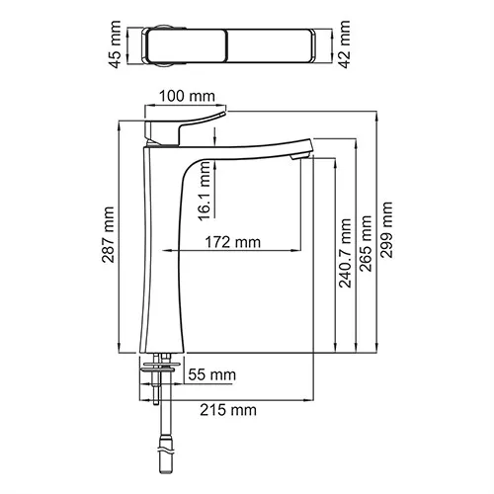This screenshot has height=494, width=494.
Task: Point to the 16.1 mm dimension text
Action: point(203,193)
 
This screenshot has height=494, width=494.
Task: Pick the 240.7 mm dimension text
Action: point(345,254)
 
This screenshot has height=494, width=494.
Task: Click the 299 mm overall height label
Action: point(387,229)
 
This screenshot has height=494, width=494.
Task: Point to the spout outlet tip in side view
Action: point(301,154)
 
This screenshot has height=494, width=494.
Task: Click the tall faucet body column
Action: point(163,257)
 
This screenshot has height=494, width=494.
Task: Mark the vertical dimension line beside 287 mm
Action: point(120,237)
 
